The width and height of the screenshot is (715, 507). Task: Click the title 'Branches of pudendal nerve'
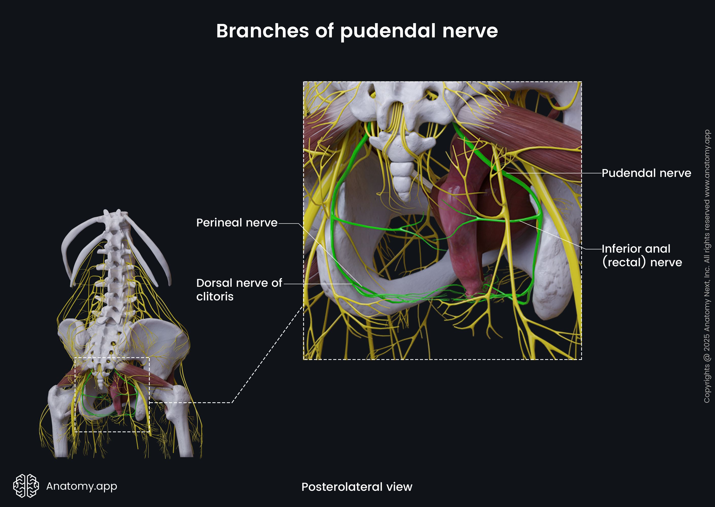tap(357, 31)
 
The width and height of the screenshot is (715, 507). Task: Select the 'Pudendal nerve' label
tap(646, 173)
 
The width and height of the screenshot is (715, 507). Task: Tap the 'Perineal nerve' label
tap(237, 223)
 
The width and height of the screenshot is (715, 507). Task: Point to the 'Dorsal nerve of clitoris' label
tap(239, 289)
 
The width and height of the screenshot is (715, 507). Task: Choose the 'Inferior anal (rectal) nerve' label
tap(642, 255)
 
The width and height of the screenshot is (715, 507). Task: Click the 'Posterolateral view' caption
tap(357, 487)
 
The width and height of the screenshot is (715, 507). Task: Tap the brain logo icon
tap(26, 486)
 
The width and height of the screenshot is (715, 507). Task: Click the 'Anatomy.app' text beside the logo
tap(81, 486)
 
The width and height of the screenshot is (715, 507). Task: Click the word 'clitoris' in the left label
tap(215, 297)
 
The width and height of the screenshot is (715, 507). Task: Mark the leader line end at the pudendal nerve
tap(506, 173)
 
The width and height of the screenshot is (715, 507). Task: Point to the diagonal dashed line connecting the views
tap(267, 354)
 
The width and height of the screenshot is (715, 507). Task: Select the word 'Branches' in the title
tap(262, 31)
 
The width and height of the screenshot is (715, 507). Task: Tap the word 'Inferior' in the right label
tap(621, 249)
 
